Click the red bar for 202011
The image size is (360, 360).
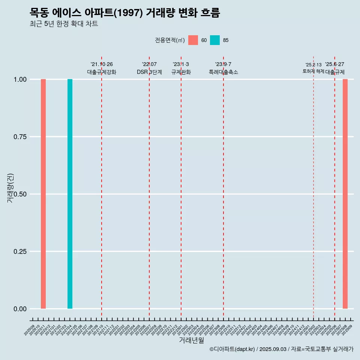click(43, 194)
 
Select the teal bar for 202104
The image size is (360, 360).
click(70, 194)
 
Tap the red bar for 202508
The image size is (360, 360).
click(345, 194)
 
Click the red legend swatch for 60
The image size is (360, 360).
click(193, 40)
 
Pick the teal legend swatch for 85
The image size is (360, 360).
click(215, 40)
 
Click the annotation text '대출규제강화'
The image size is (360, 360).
click(102, 72)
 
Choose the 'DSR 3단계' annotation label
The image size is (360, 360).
click(149, 72)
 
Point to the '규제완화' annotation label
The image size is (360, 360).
click(181, 72)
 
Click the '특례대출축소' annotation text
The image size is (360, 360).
click(223, 72)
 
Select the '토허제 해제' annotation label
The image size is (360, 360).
click(313, 71)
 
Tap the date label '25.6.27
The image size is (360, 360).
click(334, 64)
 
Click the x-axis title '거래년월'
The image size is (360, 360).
click(191, 340)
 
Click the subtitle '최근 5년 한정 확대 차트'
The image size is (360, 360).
click(64, 24)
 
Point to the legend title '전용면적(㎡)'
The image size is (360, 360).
click(169, 40)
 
